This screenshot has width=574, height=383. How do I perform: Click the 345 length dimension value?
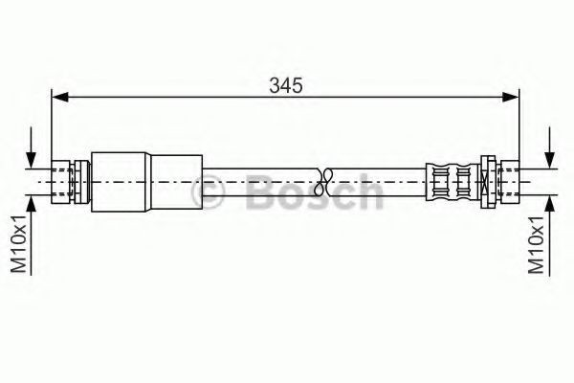coord(286,86)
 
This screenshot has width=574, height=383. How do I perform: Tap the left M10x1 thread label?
coord(19,244)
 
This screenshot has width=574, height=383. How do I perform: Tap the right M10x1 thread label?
coord(537,244)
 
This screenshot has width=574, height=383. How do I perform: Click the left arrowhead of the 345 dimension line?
coord(60,97)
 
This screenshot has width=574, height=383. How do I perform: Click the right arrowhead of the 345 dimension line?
coord(511,97)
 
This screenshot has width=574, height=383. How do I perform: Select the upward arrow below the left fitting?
coord(32,235)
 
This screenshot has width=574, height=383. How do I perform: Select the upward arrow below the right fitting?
coord(549,235)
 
